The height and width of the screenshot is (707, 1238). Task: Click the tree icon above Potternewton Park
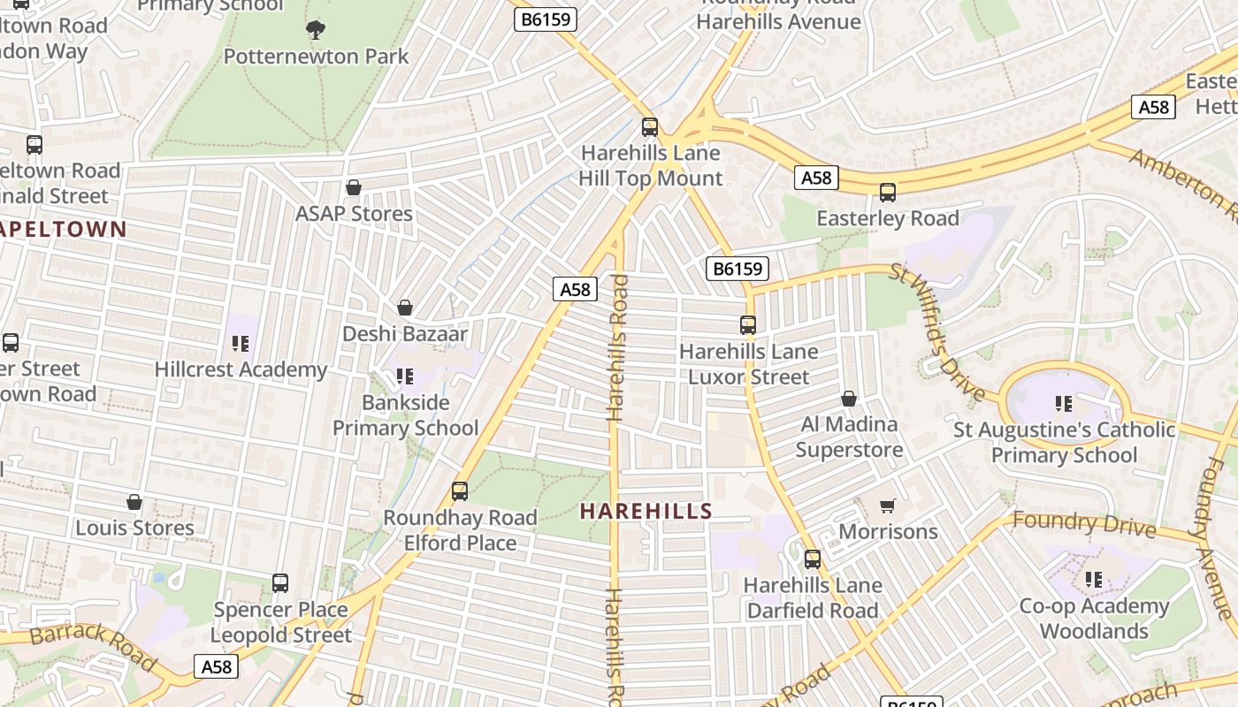pyautogui.click(x=316, y=30)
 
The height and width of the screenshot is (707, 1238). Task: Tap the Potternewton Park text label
pyautogui.click(x=316, y=57)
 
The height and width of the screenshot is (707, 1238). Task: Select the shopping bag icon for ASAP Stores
pyautogui.click(x=354, y=187)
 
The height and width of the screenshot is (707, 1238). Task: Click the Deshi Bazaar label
pyautogui.click(x=404, y=334)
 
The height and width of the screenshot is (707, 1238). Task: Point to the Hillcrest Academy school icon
pyautogui.click(x=241, y=343)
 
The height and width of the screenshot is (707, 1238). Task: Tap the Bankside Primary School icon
pyautogui.click(x=405, y=376)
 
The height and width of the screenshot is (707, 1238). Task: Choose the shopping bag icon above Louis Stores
pyautogui.click(x=134, y=502)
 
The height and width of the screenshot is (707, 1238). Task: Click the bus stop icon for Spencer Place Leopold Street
pyautogui.click(x=280, y=583)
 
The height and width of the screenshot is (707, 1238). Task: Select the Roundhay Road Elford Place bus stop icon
pyautogui.click(x=460, y=491)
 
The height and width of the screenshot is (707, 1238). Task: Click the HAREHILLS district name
pyautogui.click(x=646, y=511)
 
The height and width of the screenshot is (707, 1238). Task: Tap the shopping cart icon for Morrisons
pyautogui.click(x=888, y=506)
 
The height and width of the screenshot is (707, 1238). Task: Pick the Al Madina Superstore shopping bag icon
pyautogui.click(x=849, y=399)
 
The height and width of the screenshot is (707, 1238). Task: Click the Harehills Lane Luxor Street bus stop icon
pyautogui.click(x=748, y=325)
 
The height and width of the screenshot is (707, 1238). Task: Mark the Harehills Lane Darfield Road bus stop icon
pyautogui.click(x=813, y=559)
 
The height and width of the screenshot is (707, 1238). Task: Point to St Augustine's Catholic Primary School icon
pyautogui.click(x=1064, y=404)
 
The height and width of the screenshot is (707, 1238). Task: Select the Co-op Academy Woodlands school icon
pyautogui.click(x=1094, y=580)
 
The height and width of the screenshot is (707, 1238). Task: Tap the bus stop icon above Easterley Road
pyautogui.click(x=888, y=192)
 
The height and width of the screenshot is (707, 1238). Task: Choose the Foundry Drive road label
pyautogui.click(x=1084, y=523)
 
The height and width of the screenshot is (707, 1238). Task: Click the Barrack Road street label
pyautogui.click(x=92, y=645)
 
